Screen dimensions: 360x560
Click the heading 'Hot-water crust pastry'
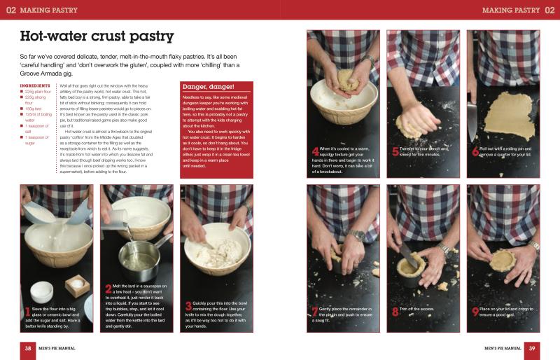97,36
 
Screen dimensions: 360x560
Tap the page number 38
27,348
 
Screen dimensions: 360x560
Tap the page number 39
532,348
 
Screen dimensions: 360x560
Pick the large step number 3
188,305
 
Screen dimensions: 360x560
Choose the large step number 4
314,150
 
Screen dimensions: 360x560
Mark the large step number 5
395,150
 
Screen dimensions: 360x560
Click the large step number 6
475,150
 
